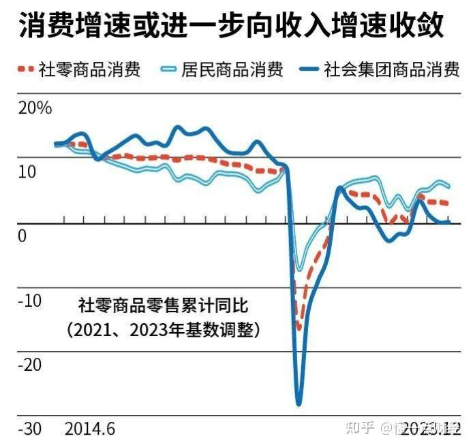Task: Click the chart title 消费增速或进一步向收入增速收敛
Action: click(x=232, y=27)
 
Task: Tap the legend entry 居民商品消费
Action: click(x=231, y=69)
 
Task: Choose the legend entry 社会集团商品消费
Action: click(x=391, y=69)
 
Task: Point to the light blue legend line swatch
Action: click(x=167, y=69)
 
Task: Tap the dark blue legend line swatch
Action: click(x=310, y=69)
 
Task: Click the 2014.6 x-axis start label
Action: click(x=89, y=429)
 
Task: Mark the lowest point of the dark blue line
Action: click(x=299, y=404)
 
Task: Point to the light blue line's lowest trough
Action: click(x=298, y=269)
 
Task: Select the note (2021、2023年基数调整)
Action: click(x=164, y=330)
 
